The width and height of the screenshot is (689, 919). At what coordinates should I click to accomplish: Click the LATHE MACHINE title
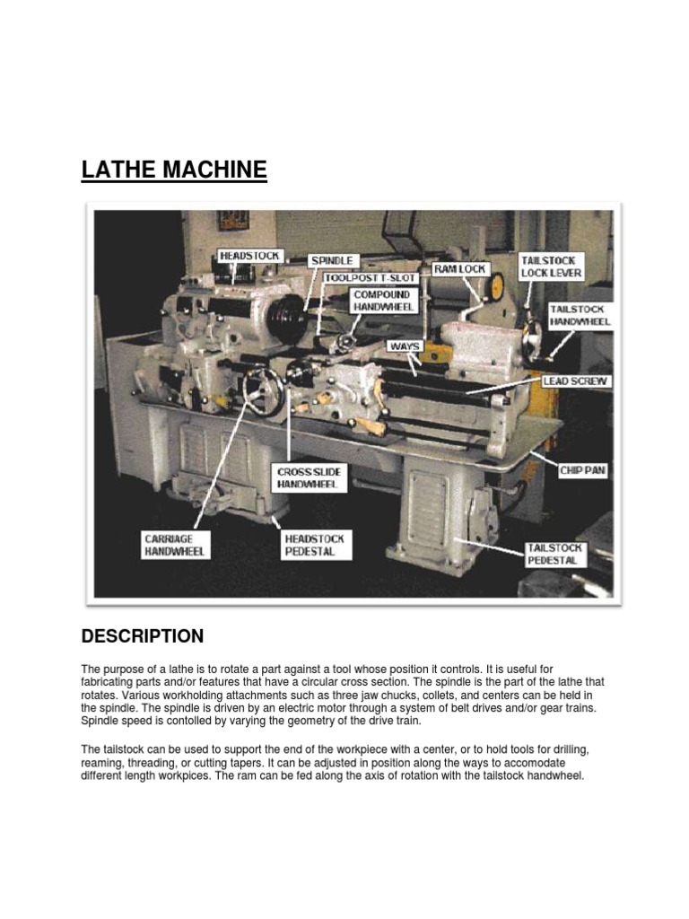(x=174, y=170)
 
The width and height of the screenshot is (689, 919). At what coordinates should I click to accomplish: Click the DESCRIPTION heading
(x=143, y=636)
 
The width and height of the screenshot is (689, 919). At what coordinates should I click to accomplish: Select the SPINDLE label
(x=331, y=260)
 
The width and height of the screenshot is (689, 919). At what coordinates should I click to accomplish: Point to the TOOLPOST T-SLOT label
(x=364, y=278)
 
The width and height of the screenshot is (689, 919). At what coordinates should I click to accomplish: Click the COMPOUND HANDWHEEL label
(x=381, y=301)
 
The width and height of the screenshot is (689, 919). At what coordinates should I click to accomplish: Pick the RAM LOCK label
(x=460, y=268)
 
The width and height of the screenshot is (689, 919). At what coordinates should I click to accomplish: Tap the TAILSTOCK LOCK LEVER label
(x=551, y=267)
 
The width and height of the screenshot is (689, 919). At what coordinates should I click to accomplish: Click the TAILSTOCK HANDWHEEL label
(x=580, y=315)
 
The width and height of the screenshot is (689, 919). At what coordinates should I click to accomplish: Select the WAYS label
(x=405, y=345)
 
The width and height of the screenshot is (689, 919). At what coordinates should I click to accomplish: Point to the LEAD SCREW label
(x=575, y=381)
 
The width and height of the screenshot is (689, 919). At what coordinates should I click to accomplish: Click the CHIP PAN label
(x=582, y=470)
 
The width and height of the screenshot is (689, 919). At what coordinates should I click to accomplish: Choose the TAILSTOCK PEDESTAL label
(x=555, y=554)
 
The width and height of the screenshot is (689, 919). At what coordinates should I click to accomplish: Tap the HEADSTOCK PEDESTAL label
(x=314, y=544)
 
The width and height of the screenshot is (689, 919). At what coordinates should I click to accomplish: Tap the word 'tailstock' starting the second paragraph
(x=119, y=749)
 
